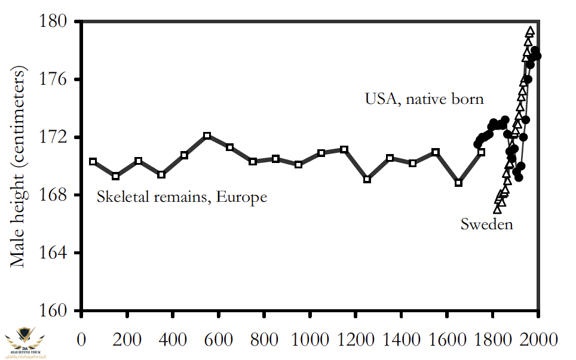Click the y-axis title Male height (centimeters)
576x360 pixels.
[19, 168]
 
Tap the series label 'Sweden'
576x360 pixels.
[486, 224]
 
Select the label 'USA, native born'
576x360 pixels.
[424, 99]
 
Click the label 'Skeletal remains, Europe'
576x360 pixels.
[182, 196]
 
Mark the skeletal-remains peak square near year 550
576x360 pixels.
[207, 136]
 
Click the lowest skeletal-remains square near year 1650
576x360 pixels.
[458, 183]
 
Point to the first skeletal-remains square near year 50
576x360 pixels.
[93, 162]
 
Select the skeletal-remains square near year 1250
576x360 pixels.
[367, 179]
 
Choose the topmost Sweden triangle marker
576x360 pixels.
[530, 31]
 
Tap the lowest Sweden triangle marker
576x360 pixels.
[497, 209]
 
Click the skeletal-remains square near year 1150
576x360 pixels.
[344, 149]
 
